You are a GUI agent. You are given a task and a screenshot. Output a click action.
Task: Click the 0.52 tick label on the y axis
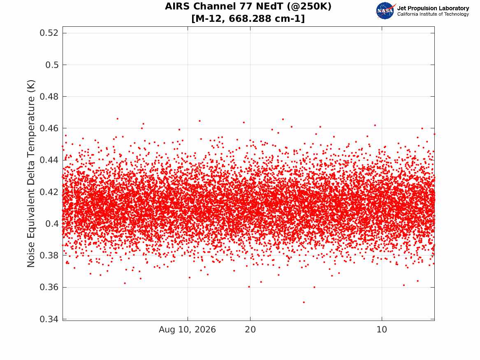(49, 33)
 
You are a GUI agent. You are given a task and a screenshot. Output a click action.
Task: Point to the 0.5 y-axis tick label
(52, 65)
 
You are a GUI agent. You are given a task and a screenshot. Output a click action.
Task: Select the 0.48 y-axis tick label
(49, 96)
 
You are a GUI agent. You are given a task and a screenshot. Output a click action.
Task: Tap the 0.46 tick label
(49, 128)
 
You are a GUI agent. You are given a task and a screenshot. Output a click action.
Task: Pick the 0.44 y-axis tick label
(49, 160)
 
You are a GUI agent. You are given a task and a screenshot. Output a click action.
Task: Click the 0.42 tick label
(49, 192)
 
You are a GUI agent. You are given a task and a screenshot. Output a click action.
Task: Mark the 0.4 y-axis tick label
(52, 224)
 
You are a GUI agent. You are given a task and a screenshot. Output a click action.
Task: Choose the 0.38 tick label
(49, 255)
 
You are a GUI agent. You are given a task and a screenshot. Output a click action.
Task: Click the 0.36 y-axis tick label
(49, 287)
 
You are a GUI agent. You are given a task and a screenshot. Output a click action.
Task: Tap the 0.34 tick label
(49, 319)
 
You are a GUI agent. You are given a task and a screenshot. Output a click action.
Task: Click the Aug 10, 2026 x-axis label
(187, 330)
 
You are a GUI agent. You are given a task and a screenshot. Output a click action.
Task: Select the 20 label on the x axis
(250, 330)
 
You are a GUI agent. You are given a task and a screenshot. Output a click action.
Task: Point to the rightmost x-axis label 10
(382, 330)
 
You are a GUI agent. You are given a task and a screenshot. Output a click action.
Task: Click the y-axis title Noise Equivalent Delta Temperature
(31, 174)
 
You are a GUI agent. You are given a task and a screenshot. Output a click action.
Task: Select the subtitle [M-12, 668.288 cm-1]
(248, 19)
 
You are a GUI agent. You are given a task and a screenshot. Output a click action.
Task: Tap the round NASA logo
(385, 11)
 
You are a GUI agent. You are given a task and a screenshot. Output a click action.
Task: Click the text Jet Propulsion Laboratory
(433, 8)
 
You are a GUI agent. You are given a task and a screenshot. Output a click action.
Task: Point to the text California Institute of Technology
(433, 14)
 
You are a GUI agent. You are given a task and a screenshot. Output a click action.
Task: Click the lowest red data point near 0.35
(304, 302)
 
